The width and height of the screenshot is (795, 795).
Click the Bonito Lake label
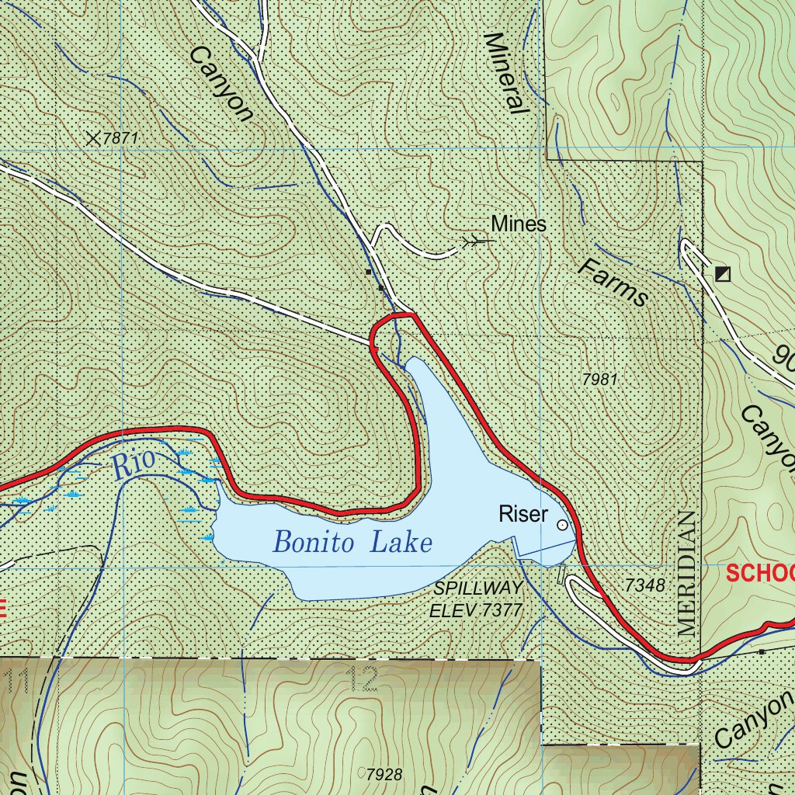tap(352, 542)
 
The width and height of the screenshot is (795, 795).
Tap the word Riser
tap(523, 514)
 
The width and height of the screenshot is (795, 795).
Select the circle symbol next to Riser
tap(562, 526)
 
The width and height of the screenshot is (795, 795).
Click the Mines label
tap(519, 224)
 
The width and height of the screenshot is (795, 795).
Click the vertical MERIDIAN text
tap(686, 574)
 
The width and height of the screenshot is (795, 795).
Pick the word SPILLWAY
tap(477, 588)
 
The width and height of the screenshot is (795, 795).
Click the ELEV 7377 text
tap(477, 610)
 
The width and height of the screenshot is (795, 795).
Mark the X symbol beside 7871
tap(94, 138)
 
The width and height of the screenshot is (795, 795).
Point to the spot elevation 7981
tap(599, 380)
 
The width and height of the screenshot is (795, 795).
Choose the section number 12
tap(363, 679)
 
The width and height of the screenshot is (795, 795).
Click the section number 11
tap(19, 680)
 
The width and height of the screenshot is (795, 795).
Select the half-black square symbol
tap(723, 273)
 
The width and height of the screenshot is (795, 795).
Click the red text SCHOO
tap(760, 573)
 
